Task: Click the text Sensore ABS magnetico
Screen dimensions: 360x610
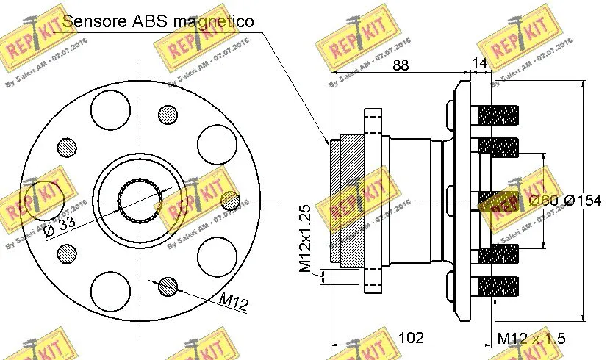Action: click(158, 21)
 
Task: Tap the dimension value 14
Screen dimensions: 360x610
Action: click(479, 65)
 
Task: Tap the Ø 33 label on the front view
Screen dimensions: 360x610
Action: click(59, 229)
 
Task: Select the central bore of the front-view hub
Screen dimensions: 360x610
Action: click(140, 201)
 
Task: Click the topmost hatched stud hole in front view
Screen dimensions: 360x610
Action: click(168, 115)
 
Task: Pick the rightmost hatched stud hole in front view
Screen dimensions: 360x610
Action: click(231, 200)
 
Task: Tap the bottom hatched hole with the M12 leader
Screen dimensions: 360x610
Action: click(168, 286)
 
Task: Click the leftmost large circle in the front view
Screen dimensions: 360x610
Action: click(44, 200)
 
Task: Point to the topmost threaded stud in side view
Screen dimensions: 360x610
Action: click(498, 115)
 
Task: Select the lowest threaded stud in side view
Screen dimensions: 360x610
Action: click(498, 285)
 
